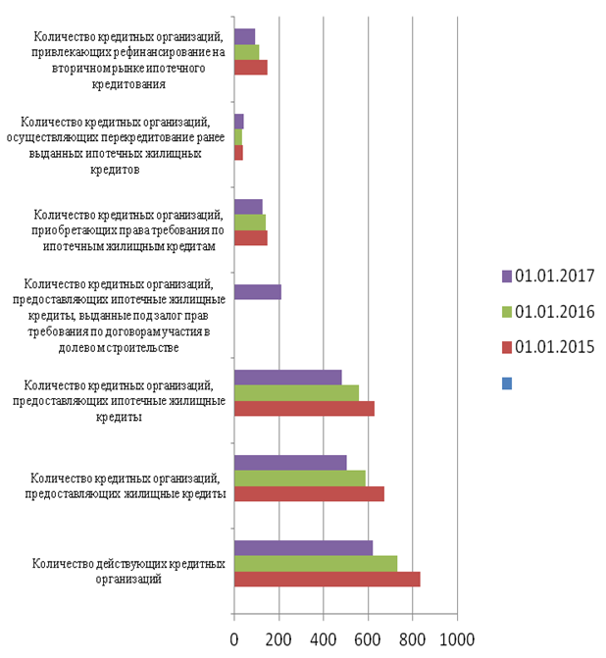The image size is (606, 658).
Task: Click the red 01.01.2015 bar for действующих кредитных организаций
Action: tap(327, 580)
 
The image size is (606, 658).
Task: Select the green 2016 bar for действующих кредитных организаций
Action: tap(316, 563)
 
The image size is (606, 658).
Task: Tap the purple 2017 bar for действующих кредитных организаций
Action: tap(303, 547)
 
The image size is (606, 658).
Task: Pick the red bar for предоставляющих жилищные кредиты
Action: tap(309, 493)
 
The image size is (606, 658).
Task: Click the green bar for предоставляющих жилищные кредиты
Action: tap(300, 478)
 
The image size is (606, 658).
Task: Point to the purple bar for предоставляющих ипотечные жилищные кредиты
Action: tap(287, 377)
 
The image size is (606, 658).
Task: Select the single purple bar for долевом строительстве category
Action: tap(258, 291)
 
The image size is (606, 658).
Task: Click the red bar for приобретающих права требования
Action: tap(251, 237)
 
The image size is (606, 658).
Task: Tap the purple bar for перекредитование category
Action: tap(239, 121)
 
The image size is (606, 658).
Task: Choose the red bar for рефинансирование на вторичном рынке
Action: tap(251, 67)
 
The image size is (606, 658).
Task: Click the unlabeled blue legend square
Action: tap(507, 383)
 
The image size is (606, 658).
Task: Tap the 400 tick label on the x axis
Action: tap(324, 639)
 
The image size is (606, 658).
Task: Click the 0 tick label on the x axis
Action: tap(234, 639)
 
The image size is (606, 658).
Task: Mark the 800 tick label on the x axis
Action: tap(412, 639)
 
